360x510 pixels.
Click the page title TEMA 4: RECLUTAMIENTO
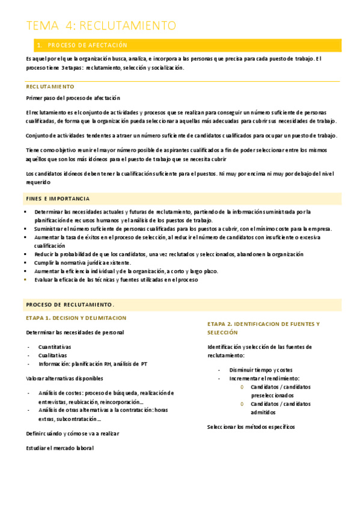click(x=101, y=25)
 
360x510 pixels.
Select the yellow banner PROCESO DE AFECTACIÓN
click(x=88, y=45)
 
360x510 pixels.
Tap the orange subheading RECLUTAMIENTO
click(x=50, y=87)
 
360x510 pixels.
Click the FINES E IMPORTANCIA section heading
click(x=58, y=198)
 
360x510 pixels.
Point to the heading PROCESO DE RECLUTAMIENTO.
click(x=70, y=304)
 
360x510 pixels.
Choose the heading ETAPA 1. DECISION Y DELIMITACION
click(x=76, y=318)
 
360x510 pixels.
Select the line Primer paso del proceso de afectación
click(x=73, y=98)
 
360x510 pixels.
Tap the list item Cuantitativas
click(x=55, y=347)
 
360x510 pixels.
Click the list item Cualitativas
click(x=53, y=355)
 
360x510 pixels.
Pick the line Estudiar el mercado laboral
click(x=60, y=448)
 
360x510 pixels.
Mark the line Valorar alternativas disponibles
click(x=64, y=378)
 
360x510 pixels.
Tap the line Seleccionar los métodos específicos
click(x=251, y=427)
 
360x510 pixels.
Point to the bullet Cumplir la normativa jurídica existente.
click(x=82, y=263)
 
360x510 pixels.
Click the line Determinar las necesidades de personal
click(x=75, y=333)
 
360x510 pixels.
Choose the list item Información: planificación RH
click(x=93, y=364)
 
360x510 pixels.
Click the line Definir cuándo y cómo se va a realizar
click(x=73, y=433)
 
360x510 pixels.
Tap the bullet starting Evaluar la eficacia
click(x=116, y=280)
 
